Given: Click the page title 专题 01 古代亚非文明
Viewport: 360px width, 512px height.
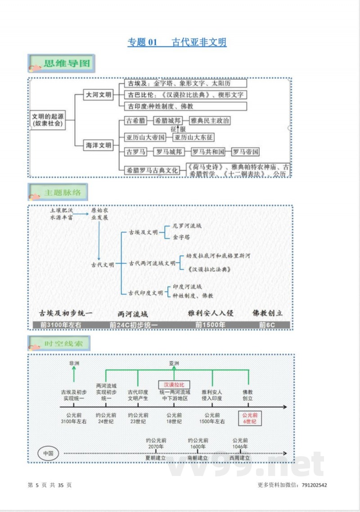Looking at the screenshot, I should click(x=177, y=42).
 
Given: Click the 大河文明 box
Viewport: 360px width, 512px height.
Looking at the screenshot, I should click(x=99, y=95).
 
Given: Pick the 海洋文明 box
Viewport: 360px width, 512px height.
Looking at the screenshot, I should click(x=99, y=145).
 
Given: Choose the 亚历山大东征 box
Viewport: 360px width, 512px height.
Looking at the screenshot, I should click(x=193, y=137).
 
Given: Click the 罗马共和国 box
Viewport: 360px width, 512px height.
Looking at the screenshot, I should click(x=208, y=152).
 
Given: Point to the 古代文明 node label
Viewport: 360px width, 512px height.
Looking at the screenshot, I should click(x=103, y=264).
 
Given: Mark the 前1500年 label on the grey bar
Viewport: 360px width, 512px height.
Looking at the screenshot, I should click(x=211, y=325).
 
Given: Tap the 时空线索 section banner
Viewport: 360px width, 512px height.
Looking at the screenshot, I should click(x=58, y=344).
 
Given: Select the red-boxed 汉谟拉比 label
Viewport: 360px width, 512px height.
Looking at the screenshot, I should click(x=174, y=385).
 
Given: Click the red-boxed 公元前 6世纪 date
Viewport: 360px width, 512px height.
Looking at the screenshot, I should click(x=250, y=418).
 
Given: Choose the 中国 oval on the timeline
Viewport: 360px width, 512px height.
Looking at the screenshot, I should click(x=48, y=453).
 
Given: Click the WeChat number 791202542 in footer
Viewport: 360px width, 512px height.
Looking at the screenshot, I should click(x=315, y=485).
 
